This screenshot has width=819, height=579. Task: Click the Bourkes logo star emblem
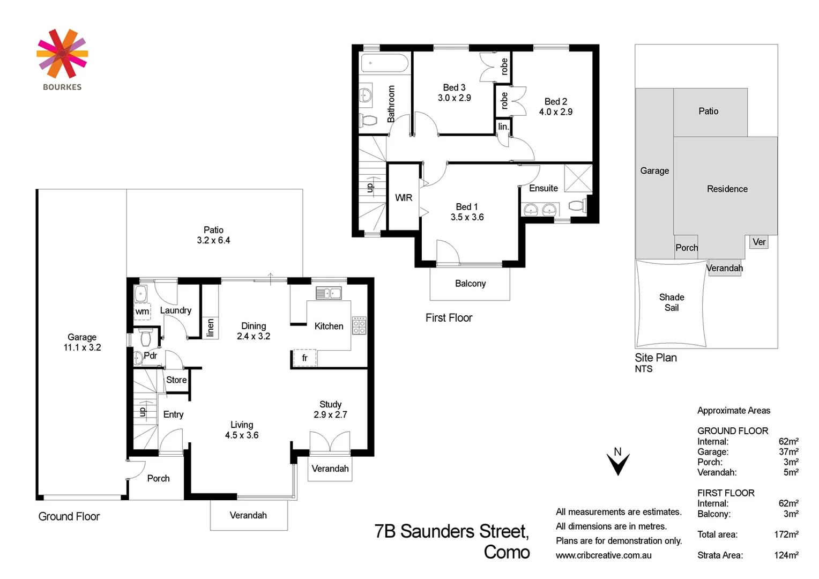(x=62, y=54)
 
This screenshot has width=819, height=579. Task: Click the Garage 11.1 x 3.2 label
(x=82, y=342)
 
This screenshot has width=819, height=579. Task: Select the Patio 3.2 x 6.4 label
(x=213, y=235)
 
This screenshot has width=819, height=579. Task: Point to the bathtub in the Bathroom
(x=384, y=63)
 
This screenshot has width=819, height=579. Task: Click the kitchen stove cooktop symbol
(x=359, y=325)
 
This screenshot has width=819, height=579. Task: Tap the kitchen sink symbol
(x=329, y=293)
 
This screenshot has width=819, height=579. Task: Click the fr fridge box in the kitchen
(x=304, y=358)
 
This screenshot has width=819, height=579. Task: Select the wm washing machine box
(x=142, y=311)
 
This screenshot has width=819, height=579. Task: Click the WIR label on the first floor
(x=404, y=198)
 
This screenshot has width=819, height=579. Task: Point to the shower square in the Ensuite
(x=578, y=178)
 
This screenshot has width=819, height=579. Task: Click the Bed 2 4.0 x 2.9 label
(x=556, y=107)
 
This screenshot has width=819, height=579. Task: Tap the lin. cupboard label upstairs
(x=503, y=127)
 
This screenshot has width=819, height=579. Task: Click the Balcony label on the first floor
(x=470, y=284)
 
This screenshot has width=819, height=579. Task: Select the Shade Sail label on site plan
(x=672, y=302)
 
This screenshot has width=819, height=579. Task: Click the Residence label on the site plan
(x=727, y=189)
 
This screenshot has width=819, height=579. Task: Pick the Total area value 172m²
(x=786, y=535)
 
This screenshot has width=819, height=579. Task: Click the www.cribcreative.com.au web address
(x=604, y=555)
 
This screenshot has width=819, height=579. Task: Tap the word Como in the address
(x=507, y=552)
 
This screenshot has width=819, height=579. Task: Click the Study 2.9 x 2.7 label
(x=330, y=410)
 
